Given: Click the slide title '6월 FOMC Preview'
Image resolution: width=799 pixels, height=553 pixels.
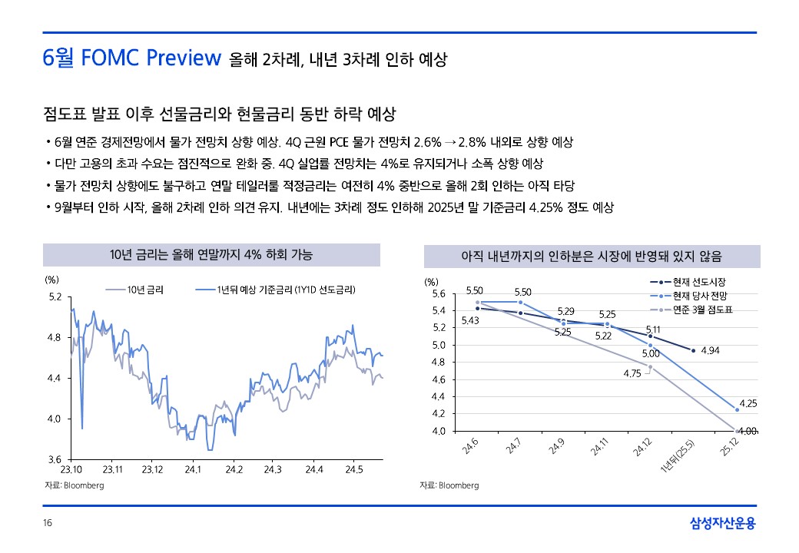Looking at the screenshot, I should click(x=132, y=58).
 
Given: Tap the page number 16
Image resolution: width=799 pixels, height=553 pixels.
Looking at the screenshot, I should click(x=48, y=524).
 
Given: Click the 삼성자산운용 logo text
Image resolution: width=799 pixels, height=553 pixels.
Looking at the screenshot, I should click(x=722, y=524).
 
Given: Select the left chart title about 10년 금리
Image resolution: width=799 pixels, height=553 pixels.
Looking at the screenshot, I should click(x=211, y=254).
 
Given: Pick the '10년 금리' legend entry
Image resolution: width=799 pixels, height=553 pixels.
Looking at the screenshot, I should click(x=138, y=290).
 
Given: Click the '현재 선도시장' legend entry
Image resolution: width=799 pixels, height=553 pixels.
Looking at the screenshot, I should click(x=699, y=282).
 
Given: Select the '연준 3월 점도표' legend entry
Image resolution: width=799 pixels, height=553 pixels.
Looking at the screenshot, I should click(x=702, y=310).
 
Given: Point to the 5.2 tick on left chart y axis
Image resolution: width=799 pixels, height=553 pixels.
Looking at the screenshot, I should click(x=55, y=296).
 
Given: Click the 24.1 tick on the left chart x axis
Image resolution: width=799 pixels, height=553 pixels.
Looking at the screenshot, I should click(x=192, y=469).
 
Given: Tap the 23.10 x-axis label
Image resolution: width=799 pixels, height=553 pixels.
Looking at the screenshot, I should click(x=71, y=469).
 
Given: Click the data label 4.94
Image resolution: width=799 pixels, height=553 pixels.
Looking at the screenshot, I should click(x=710, y=351).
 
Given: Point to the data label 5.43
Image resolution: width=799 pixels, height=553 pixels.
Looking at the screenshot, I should click(x=470, y=320).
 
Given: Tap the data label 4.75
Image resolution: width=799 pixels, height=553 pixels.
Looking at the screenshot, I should click(x=632, y=373).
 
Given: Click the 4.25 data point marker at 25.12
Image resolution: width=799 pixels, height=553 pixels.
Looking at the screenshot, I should click(x=737, y=409).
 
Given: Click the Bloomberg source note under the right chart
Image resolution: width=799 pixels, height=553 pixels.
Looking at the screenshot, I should click(x=449, y=485).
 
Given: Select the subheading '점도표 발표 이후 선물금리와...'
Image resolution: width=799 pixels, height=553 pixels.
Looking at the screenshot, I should click(x=219, y=114).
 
